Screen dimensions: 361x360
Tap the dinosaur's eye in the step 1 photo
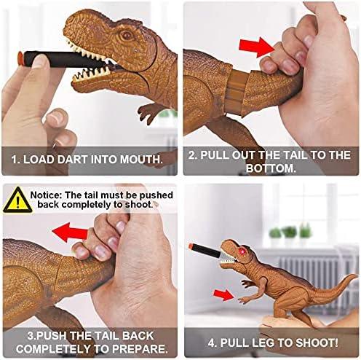click(126, 36)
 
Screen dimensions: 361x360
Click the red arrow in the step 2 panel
click(257, 47)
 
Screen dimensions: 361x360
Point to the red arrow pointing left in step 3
click(70, 232)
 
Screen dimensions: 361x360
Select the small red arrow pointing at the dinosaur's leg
click(223, 295)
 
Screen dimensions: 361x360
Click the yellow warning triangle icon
click(17, 200)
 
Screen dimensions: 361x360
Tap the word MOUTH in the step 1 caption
click(141, 160)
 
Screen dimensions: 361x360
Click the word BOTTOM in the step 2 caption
click(271, 168)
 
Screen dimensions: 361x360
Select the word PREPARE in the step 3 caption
click(140, 349)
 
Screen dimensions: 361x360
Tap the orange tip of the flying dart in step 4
click(191, 246)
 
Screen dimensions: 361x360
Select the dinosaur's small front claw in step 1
click(150, 113)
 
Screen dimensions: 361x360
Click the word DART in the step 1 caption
click(73, 160)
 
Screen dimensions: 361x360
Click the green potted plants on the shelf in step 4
click(290, 232)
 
